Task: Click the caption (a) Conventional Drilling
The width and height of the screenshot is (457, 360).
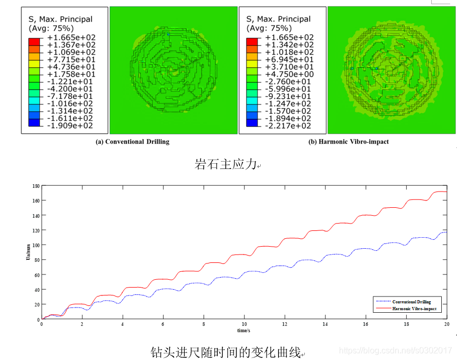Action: [132, 142]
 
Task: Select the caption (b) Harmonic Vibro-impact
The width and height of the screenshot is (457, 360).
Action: [348, 142]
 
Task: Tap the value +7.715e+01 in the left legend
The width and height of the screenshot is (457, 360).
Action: [71, 59]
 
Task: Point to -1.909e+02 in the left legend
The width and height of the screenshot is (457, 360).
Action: [71, 126]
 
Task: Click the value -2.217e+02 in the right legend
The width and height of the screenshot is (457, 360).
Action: [290, 126]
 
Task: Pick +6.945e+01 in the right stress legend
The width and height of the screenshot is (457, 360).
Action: [290, 59]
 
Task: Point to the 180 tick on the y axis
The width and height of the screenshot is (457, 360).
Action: [36, 186]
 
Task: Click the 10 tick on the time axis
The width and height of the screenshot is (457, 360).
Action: [244, 324]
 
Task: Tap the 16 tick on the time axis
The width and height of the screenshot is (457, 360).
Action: [366, 324]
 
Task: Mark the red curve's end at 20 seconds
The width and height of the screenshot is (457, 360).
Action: [446, 192]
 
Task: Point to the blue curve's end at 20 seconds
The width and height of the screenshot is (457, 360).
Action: [446, 232]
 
